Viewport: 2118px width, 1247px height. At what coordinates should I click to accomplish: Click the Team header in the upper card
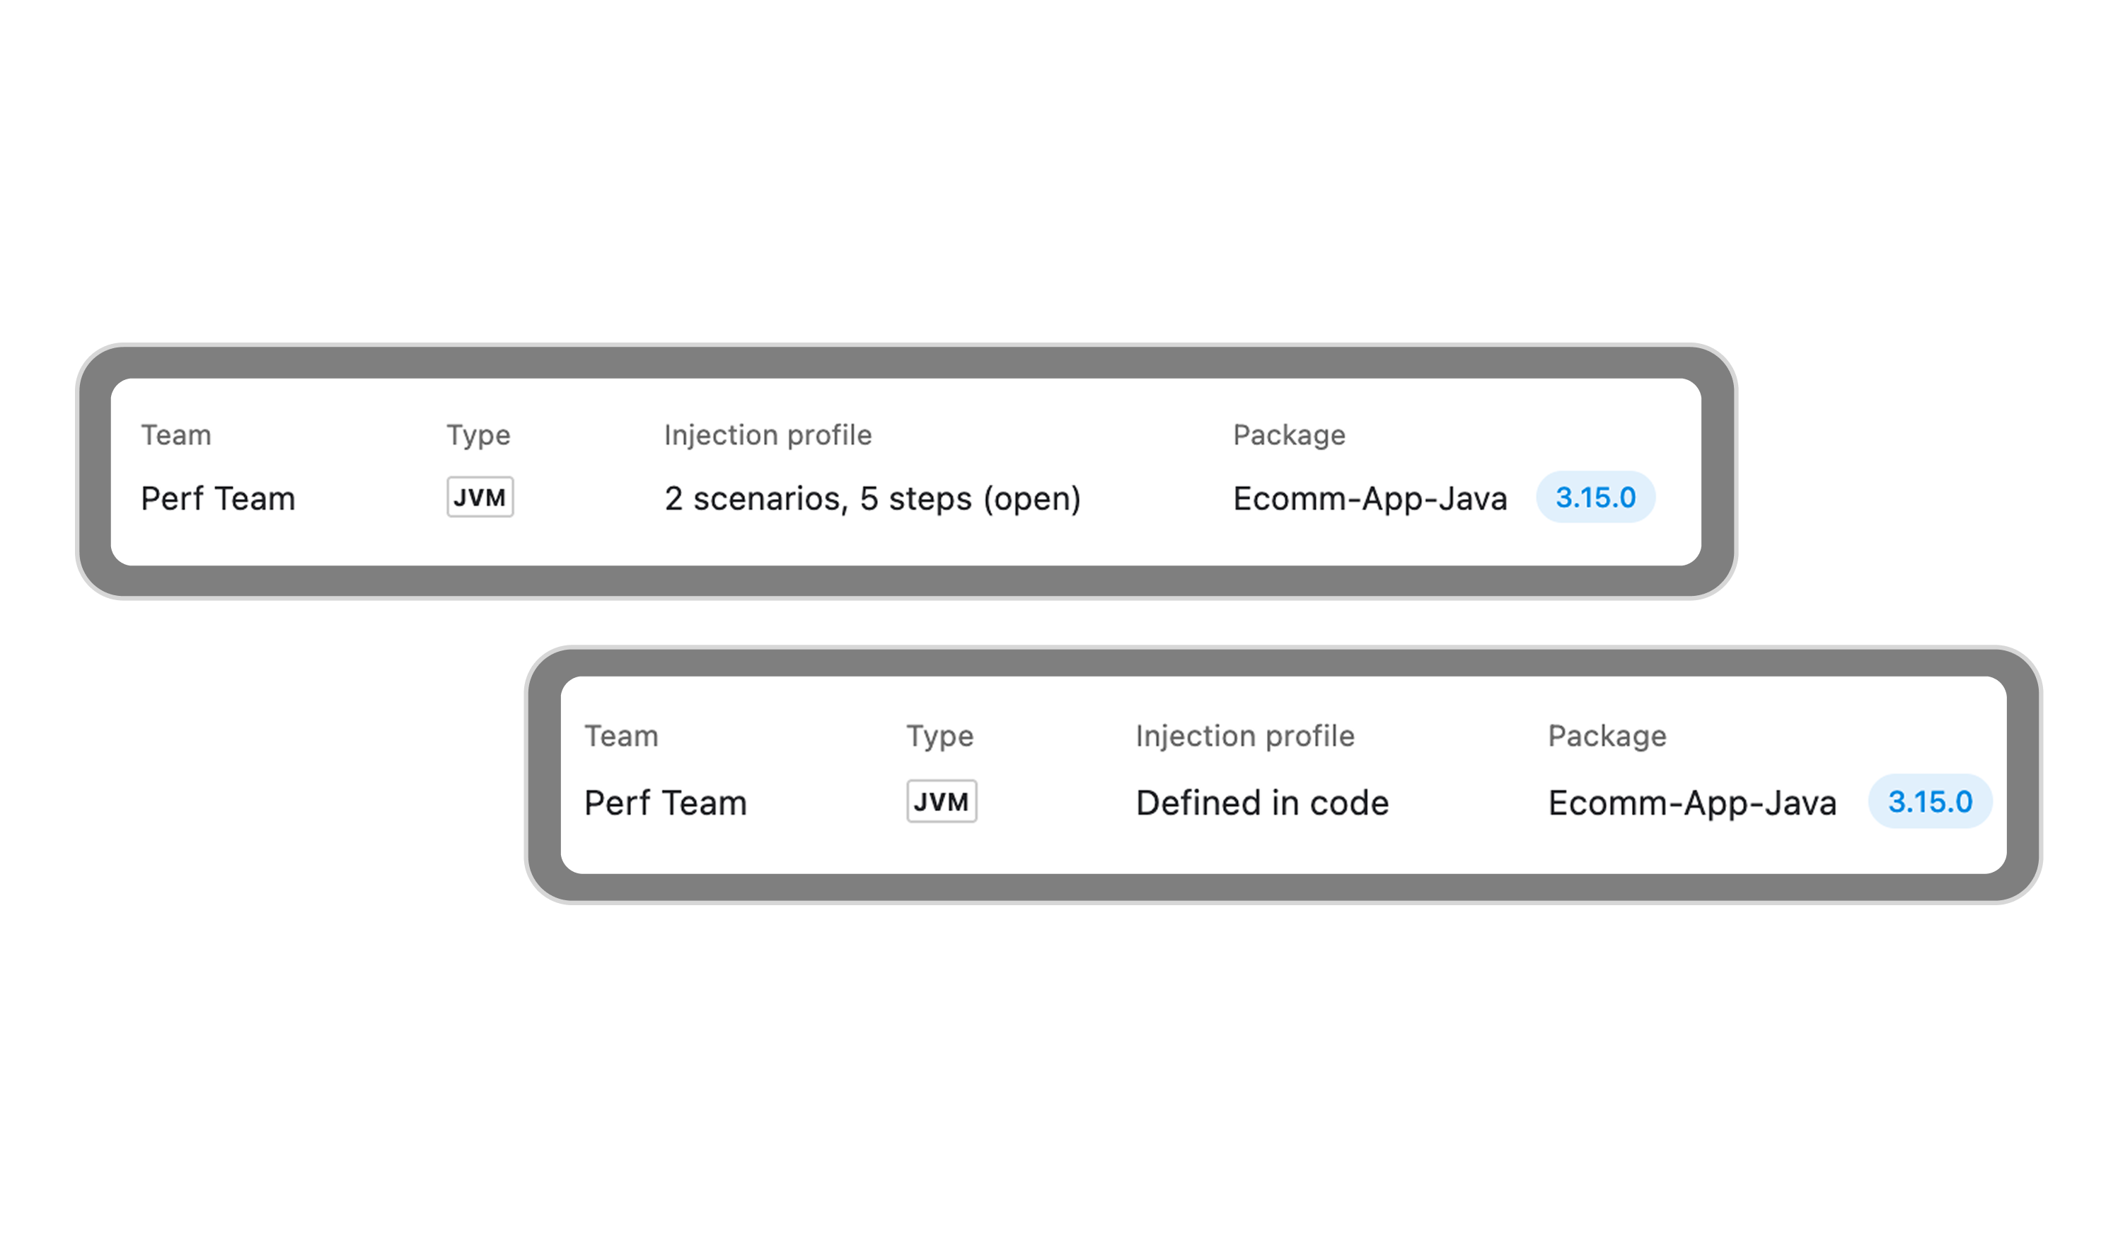coord(175,435)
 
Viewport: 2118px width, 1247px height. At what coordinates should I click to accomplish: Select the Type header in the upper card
coord(478,435)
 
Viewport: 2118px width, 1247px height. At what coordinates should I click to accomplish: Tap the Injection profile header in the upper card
coord(768,435)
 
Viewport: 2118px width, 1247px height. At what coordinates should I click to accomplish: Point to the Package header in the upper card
coord(1288,435)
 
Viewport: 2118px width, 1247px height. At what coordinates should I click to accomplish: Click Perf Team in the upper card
coord(218,499)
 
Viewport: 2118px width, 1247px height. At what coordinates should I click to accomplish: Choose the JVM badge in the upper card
coord(480,497)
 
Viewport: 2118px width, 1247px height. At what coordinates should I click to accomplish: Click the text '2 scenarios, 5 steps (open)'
coord(872,499)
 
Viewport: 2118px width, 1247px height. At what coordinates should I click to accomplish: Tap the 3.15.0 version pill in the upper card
coord(1595,497)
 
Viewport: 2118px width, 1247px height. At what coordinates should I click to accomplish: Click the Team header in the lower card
coord(621,736)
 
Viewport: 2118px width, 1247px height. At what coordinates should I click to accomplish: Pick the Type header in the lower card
coord(939,736)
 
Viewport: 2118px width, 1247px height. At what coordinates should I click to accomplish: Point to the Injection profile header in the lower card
coord(1245,736)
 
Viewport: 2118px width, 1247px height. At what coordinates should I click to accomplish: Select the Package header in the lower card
coord(1607,736)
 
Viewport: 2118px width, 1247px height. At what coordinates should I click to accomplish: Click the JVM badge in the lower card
coord(942,801)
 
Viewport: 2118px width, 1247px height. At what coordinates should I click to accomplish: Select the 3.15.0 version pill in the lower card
coord(1930,801)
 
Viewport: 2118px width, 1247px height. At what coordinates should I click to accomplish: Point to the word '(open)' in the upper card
coord(1032,499)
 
